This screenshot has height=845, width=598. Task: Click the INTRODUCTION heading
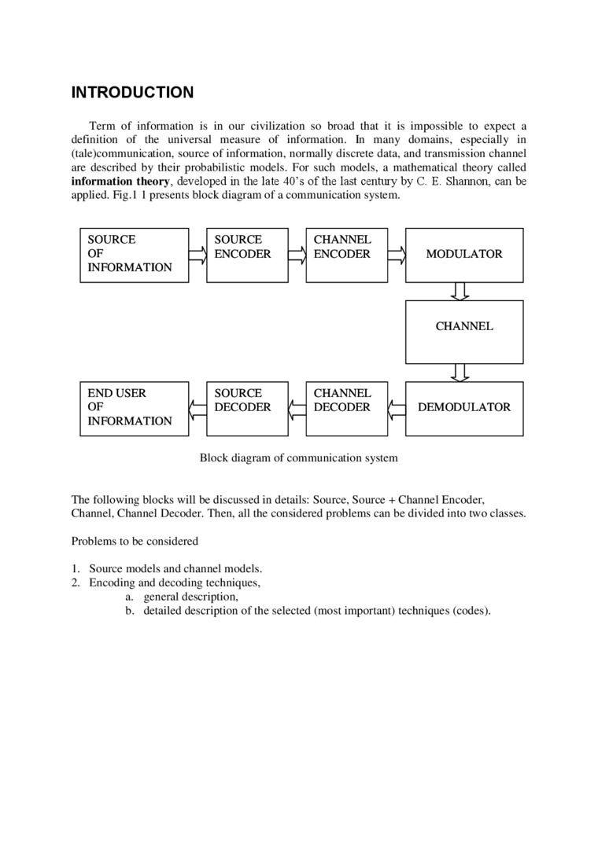(x=132, y=93)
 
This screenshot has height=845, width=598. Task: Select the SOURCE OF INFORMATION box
(x=135, y=255)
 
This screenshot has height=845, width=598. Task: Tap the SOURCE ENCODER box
(x=242, y=255)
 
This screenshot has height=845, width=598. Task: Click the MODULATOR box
(x=463, y=255)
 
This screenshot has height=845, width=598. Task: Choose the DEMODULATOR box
(x=463, y=408)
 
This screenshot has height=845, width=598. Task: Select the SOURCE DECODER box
(x=242, y=408)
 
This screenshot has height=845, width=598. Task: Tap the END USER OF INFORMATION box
(x=135, y=408)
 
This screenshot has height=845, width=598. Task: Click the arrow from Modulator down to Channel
(x=461, y=291)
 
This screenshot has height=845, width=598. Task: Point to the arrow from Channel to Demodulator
(x=461, y=371)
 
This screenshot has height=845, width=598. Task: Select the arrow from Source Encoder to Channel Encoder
(x=297, y=254)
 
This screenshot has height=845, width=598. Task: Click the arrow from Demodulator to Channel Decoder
(x=397, y=407)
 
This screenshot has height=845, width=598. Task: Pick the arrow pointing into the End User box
(x=197, y=407)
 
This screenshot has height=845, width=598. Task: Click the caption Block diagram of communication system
(x=298, y=457)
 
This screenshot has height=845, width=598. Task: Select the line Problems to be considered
(x=135, y=541)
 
